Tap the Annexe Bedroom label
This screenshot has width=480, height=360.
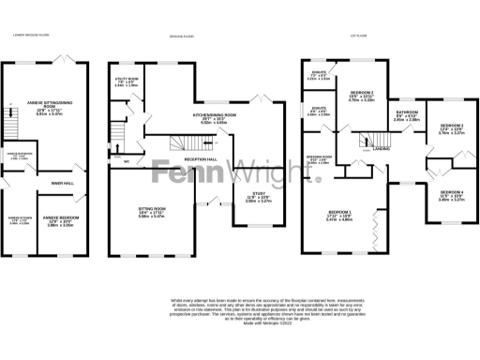tap(62, 220)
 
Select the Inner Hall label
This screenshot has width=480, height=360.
tap(63, 184)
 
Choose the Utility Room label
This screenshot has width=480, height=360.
tap(127, 81)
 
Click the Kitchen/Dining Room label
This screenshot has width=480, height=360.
tap(214, 117)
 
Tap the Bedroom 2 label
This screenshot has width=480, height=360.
tap(362, 95)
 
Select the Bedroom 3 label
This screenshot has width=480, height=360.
tap(452, 128)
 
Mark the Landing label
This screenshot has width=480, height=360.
tap(382, 148)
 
